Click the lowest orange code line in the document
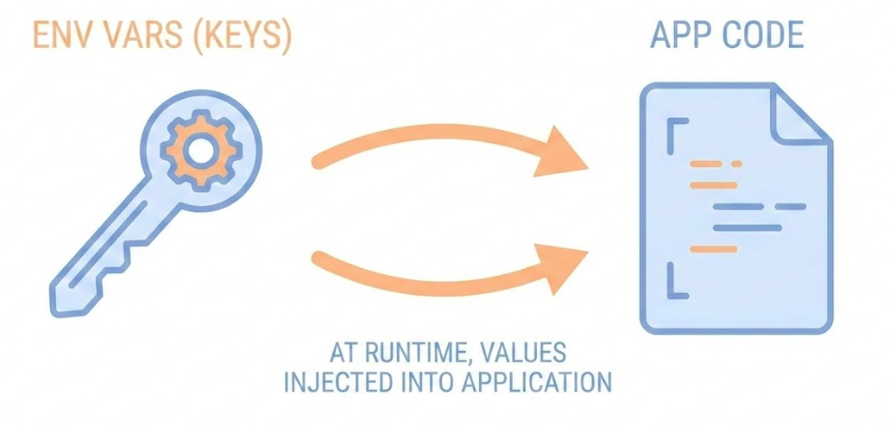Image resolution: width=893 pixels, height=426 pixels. click(x=713, y=248)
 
